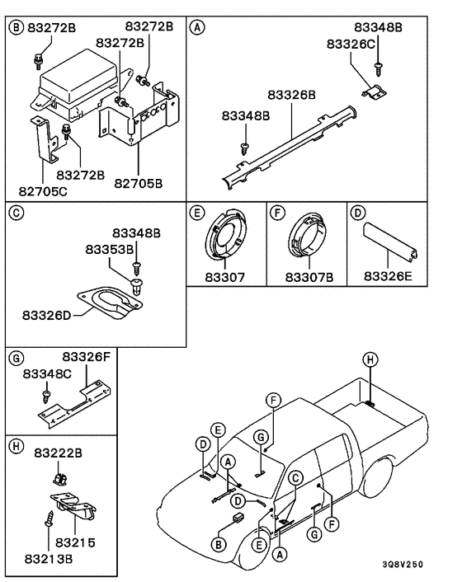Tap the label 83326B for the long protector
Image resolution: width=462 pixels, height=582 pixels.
tap(292, 95)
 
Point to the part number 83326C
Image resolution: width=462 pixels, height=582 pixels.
tap(351, 43)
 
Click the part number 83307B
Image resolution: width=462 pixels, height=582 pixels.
tap(308, 277)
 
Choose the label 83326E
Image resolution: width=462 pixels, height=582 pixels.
tap(387, 277)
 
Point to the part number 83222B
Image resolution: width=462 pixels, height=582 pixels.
tap(58, 453)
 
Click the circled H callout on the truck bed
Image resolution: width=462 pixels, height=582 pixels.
tap(370, 358)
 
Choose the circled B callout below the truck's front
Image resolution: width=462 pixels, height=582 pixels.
tap(219, 544)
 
